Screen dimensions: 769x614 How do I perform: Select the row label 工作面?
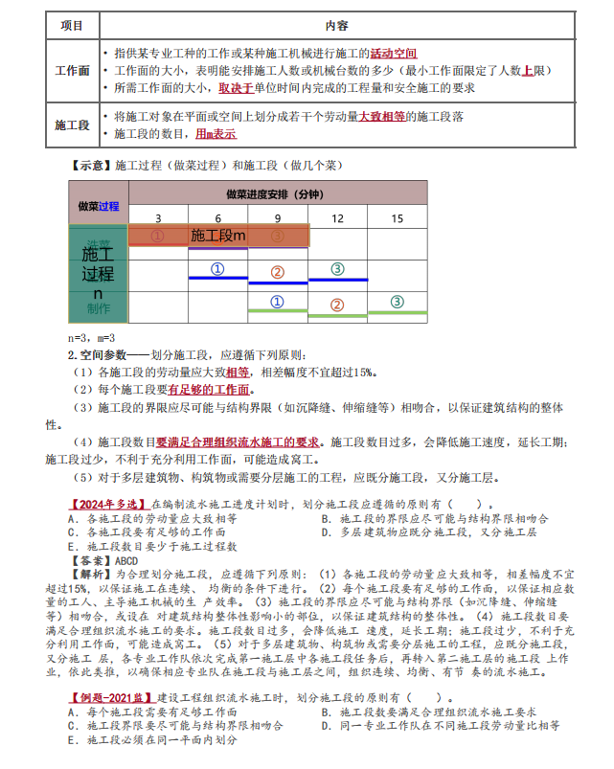(x=72, y=72)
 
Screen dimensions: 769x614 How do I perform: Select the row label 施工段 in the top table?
(x=72, y=125)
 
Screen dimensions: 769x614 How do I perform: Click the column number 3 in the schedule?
(x=158, y=218)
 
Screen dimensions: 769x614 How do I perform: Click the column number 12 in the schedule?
(x=337, y=218)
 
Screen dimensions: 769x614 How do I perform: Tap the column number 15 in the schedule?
(x=397, y=218)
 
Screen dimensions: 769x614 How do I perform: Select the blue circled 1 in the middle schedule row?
(x=217, y=269)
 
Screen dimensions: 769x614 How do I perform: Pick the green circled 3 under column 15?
(x=397, y=302)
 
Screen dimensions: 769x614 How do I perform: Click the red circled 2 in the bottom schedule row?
(x=337, y=305)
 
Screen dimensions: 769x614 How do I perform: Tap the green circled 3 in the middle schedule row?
(x=337, y=269)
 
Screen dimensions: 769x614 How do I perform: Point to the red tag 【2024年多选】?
(x=106, y=504)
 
